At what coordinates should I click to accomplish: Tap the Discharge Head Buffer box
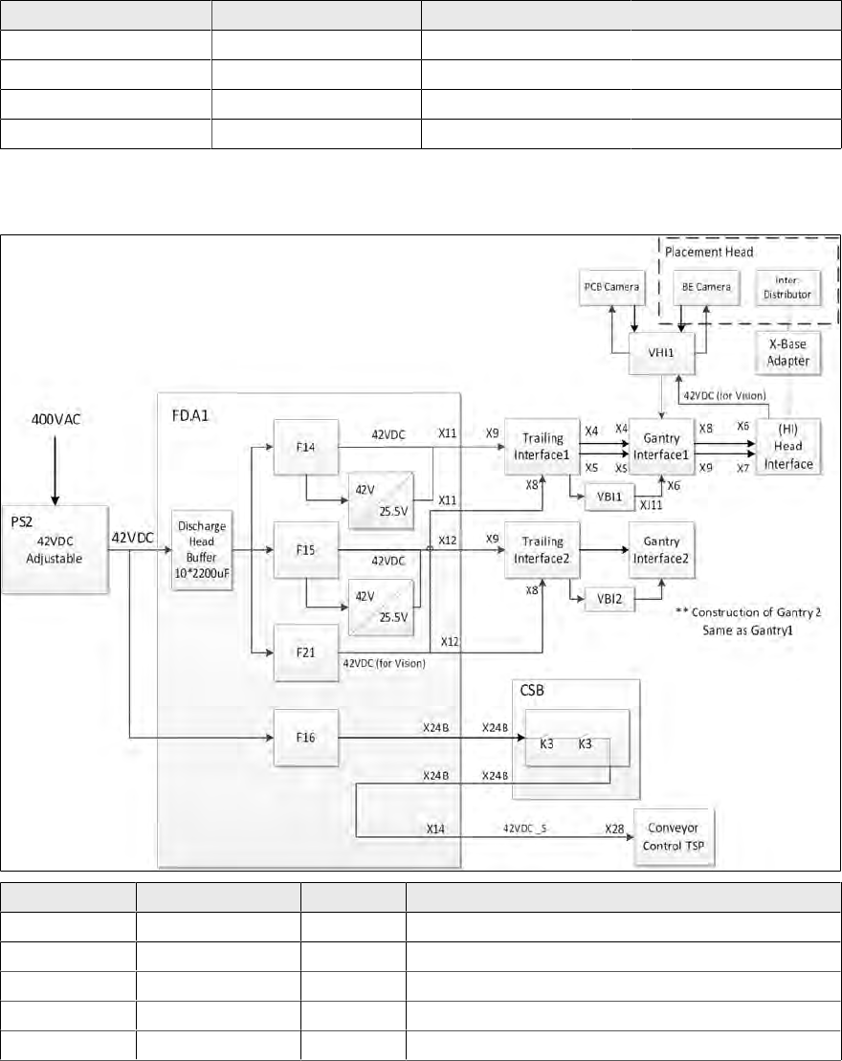point(202,551)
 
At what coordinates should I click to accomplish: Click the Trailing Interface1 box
point(543,446)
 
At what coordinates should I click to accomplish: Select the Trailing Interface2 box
point(543,550)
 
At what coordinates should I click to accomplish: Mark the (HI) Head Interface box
point(787,446)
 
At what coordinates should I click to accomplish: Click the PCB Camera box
point(610,287)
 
